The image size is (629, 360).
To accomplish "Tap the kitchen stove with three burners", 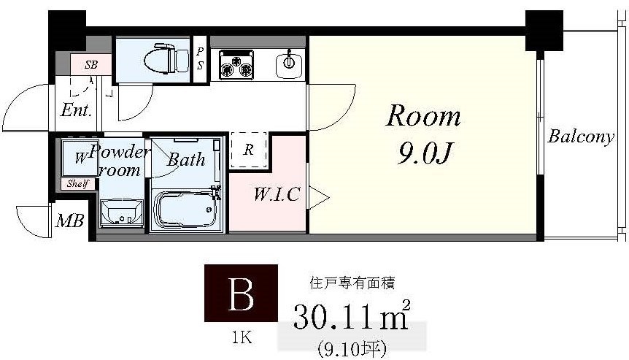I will point(236,64).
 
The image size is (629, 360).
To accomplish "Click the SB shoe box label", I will point(91,64).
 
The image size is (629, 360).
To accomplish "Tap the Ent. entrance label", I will point(76,111).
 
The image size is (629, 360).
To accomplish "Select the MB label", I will point(70,221).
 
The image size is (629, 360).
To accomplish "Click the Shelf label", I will point(77,184).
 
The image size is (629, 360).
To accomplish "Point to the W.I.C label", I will point(277,195).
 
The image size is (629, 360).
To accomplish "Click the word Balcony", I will point(581,137).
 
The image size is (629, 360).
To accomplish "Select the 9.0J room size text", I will point(427,154).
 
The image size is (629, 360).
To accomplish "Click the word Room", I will point(423,116).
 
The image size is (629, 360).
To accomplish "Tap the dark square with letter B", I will point(241,294).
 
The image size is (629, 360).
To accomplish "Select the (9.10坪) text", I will point(351,346).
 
